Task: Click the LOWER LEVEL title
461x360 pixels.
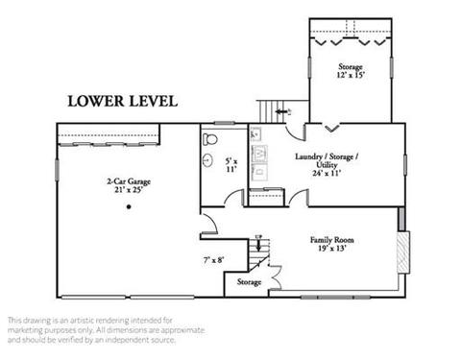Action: coord(123,101)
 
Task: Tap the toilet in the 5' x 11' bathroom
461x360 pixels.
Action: coord(210,139)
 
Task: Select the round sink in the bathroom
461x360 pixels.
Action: coord(207,160)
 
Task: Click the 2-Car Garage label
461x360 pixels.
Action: coord(129,181)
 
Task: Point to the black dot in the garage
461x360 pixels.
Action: coord(129,206)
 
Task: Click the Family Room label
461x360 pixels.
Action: coord(332,240)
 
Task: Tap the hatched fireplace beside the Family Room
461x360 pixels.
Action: coord(403,252)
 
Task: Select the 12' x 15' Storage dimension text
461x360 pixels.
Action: coord(351,75)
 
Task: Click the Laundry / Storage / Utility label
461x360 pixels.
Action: coord(327,160)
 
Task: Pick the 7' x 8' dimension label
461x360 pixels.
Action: coord(213,260)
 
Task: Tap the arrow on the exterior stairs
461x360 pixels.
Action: coord(281,111)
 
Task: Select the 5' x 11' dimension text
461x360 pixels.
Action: coord(231,165)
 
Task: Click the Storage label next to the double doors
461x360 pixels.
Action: coord(249,282)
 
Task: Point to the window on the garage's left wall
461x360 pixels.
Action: coord(58,171)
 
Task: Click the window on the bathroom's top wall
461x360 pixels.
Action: coord(225,123)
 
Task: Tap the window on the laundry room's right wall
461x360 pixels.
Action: coord(405,165)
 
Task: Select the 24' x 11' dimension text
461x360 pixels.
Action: coord(327,173)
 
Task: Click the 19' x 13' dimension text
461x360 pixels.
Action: coord(332,249)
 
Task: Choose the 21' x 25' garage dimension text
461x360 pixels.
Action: coord(129,190)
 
